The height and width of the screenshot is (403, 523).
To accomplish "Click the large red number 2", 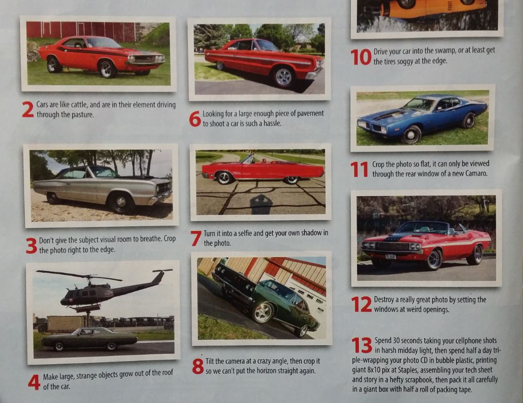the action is point(28,109).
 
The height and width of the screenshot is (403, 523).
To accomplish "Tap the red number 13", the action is point(362,345).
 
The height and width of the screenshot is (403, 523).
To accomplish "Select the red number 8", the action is point(198,366).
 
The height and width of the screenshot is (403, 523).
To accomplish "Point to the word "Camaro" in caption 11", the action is point(476,173).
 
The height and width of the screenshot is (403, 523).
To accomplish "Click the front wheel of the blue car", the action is point(411,135).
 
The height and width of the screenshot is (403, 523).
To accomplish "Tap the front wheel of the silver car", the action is point(120,202).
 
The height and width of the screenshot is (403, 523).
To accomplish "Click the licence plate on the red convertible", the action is point(391,256).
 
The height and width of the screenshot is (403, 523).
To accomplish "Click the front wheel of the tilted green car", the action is point(263,312).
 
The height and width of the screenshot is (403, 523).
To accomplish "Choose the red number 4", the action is point(34,382).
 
